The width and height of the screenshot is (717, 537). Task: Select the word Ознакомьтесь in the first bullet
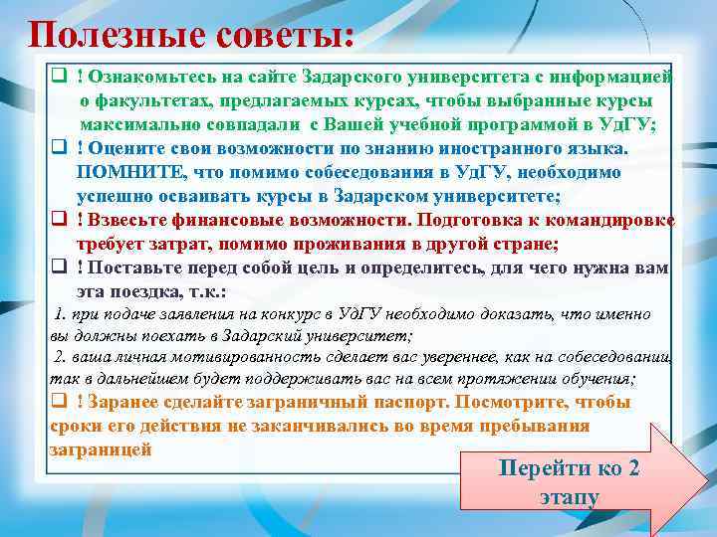pos(138,78)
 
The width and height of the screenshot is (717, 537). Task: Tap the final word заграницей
pos(100,448)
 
